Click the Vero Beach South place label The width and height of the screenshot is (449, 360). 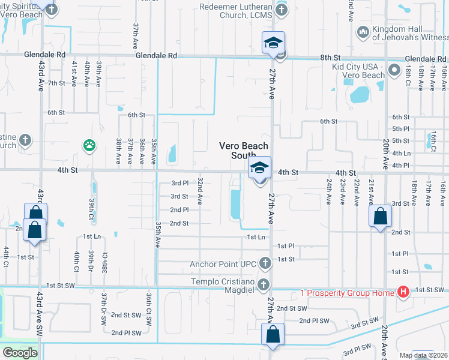(243, 151)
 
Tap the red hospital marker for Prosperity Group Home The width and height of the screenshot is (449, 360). (403, 292)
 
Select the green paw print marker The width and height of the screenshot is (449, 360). (89, 145)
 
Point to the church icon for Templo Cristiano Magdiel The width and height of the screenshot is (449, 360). (263, 284)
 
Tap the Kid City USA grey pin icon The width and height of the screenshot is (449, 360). (394, 71)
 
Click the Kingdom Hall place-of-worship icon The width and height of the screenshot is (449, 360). (362, 31)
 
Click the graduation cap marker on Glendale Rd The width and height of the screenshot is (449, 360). (273, 43)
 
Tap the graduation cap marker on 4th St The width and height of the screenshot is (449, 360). (259, 168)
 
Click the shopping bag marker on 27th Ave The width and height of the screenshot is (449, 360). (273, 335)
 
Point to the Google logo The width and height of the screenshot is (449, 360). (20, 352)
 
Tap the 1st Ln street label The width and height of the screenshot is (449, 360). (256, 237)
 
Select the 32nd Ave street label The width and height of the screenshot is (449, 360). (200, 191)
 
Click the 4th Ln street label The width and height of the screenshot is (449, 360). (400, 153)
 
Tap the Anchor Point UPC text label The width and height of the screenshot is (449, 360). (223, 263)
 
